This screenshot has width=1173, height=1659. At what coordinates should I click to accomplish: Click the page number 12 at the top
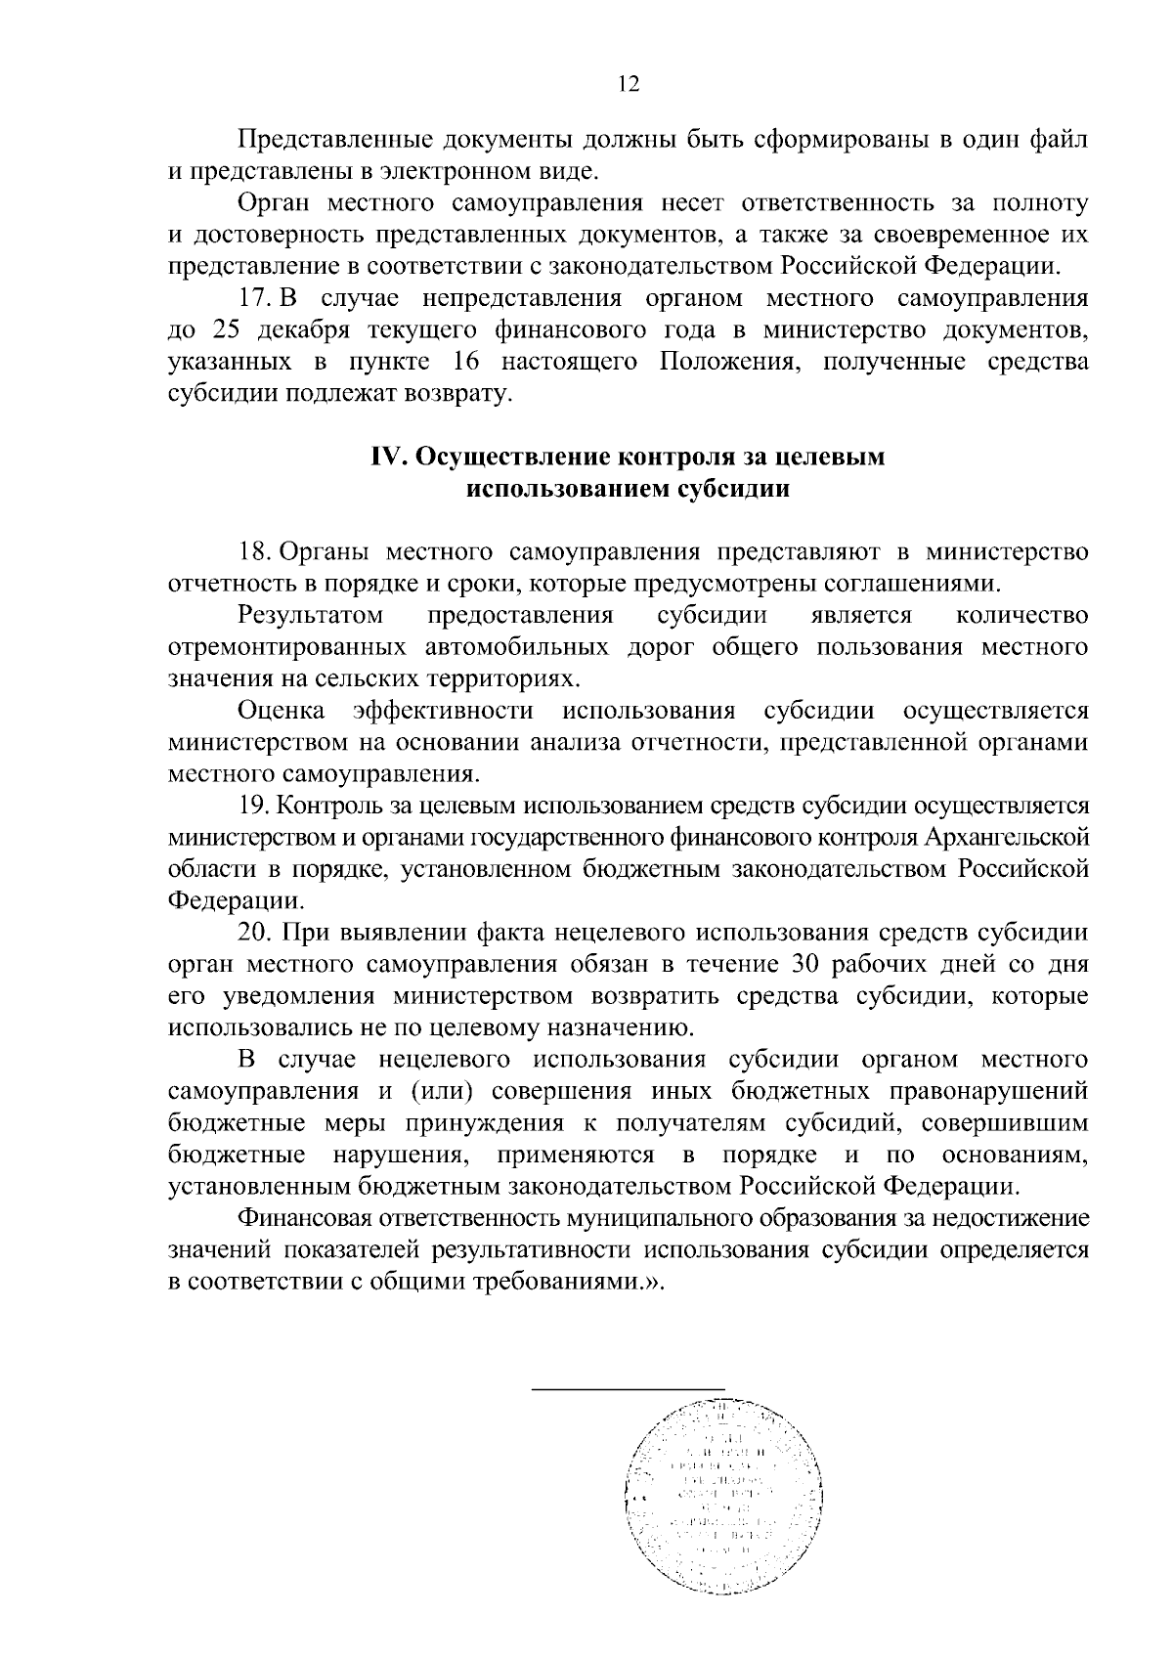[628, 85]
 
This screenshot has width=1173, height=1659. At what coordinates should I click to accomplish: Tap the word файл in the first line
[1057, 140]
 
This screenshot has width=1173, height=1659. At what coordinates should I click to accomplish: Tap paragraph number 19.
[256, 806]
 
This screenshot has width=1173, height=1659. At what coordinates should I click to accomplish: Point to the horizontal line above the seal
[629, 1387]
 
